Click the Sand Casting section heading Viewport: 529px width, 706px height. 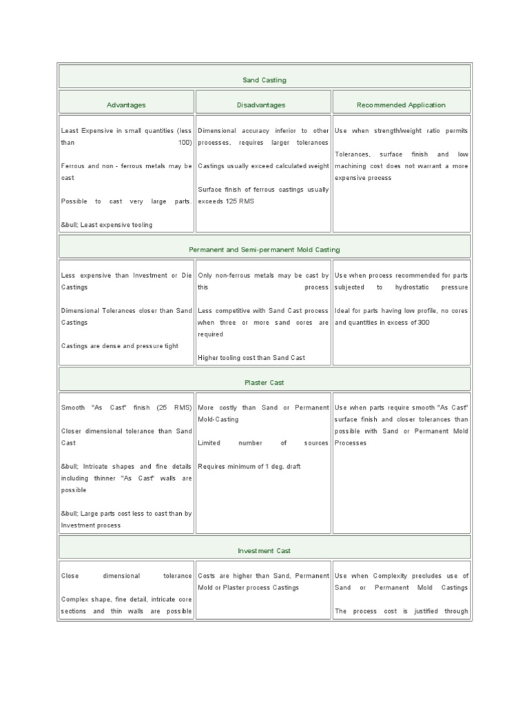(x=264, y=80)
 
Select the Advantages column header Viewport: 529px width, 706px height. (x=126, y=105)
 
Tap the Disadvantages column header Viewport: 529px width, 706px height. (x=264, y=105)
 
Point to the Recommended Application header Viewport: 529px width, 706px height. (x=401, y=105)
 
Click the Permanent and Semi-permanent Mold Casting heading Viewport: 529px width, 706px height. (x=264, y=250)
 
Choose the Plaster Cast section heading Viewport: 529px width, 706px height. (x=264, y=382)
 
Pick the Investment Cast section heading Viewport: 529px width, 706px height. (x=264, y=551)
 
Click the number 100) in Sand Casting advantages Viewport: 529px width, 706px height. (x=184, y=142)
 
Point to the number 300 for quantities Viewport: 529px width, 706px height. (x=423, y=323)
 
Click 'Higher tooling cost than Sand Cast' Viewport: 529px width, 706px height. (x=251, y=358)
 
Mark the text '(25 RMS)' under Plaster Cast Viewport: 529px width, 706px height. (x=176, y=407)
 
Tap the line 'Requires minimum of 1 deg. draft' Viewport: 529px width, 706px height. (x=249, y=466)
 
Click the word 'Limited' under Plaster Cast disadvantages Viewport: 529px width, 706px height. (x=209, y=443)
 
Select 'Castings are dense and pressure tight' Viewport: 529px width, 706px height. (x=120, y=346)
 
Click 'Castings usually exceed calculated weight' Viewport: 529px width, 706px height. (x=263, y=166)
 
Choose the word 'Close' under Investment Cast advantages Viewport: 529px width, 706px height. (x=70, y=576)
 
